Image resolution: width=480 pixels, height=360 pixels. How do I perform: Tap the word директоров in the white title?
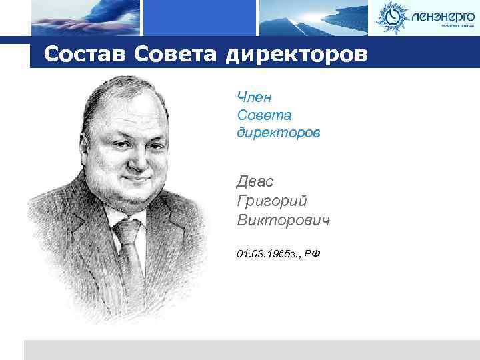pos(296,55)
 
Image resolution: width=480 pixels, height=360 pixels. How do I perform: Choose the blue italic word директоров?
pos(278,133)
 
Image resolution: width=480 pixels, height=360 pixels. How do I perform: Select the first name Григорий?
pos(272,201)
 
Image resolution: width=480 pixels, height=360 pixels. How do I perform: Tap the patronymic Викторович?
pos(283,219)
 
